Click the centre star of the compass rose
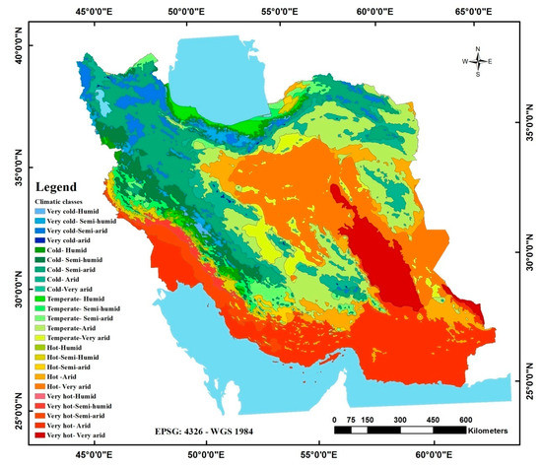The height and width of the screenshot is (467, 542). pos(478,61)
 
